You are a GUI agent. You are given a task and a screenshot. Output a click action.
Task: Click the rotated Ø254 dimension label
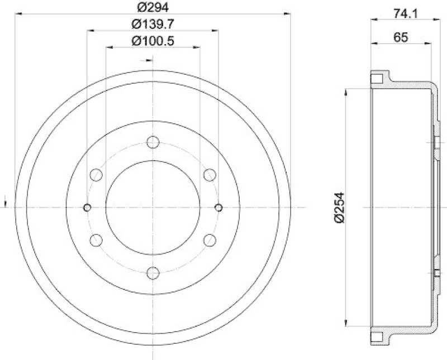(339, 208)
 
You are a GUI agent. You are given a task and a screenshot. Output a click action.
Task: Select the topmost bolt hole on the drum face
(153, 142)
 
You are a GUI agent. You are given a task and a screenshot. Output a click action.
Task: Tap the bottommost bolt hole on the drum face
(153, 273)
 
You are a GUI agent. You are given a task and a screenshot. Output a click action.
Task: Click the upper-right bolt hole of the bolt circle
(210, 175)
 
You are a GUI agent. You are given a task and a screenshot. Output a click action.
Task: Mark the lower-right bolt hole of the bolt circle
(210, 240)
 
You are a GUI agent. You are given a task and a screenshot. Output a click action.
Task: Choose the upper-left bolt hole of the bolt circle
(96, 175)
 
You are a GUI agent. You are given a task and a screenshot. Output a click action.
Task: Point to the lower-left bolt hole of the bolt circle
(96, 240)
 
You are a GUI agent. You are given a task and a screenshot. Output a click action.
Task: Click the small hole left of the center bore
(87, 208)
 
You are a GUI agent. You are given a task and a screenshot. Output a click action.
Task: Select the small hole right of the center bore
(218, 208)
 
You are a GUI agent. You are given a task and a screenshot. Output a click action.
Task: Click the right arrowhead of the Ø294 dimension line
(288, 11)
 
